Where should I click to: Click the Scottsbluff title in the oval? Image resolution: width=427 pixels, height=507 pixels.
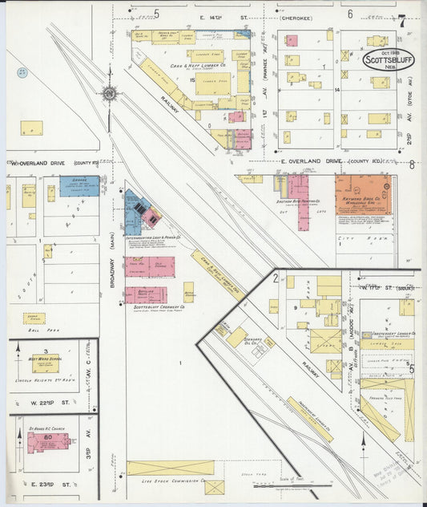coord(388,60)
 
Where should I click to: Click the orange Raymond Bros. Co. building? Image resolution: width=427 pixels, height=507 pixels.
coord(361,194)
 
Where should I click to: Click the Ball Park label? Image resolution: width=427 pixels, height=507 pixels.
coord(34,330)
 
